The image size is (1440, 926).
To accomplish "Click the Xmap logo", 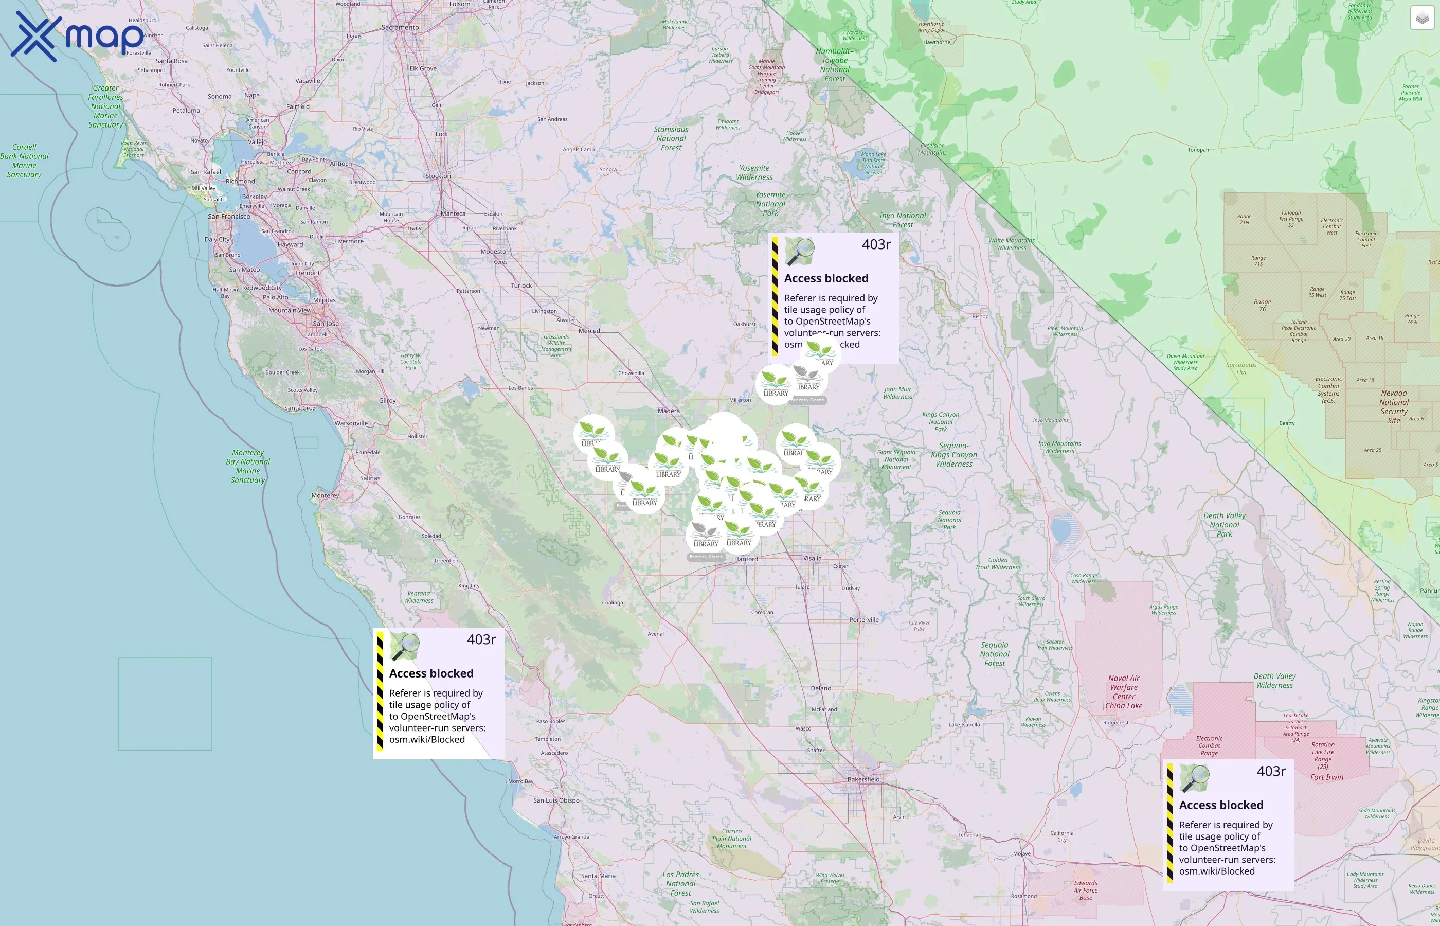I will (x=77, y=36).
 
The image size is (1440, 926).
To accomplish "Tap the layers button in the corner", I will (x=1421, y=19).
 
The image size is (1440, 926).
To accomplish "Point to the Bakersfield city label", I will (x=863, y=779).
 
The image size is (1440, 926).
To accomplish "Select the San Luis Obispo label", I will (x=556, y=800).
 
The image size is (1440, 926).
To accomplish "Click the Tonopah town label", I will (x=1198, y=150).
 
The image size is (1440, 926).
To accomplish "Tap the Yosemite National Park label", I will (x=770, y=204).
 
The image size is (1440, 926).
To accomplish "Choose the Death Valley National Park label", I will (x=1224, y=524).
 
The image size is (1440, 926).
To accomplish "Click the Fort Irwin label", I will (x=1326, y=777).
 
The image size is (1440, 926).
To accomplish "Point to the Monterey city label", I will (x=325, y=496).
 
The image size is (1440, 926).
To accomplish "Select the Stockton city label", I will (x=438, y=176).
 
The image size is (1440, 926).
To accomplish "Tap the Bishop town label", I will (x=980, y=316).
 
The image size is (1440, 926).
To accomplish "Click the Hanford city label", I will (x=746, y=559).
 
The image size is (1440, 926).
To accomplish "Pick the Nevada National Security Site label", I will (x=1394, y=406).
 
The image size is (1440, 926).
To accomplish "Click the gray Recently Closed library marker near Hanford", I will (x=706, y=535).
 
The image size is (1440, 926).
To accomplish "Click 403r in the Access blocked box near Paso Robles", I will (x=481, y=639).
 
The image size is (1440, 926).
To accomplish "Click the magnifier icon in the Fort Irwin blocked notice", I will (x=1194, y=779).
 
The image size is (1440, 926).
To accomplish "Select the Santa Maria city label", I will (x=598, y=876).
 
